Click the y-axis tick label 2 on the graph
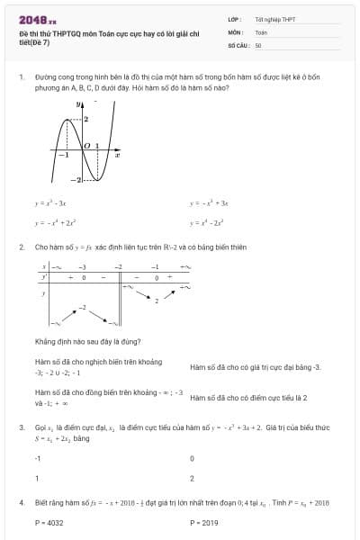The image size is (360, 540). click(86, 119)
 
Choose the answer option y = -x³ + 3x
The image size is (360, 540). click(210, 204)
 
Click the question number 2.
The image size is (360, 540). click(21, 247)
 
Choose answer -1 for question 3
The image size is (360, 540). click(37, 458)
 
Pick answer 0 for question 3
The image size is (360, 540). click(192, 458)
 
